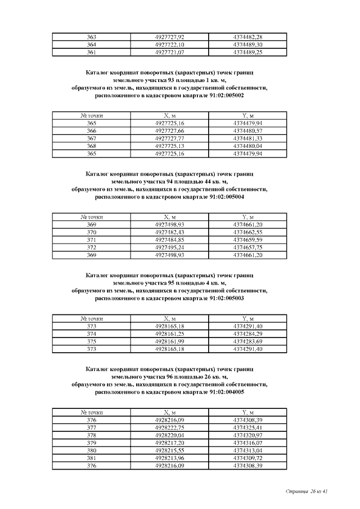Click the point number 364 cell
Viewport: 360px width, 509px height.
[x=91, y=44]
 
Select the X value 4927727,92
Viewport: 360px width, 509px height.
[x=169, y=37]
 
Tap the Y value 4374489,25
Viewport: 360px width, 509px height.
[x=247, y=52]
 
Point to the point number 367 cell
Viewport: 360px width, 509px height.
[x=91, y=138]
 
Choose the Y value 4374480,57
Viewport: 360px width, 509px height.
[x=247, y=130]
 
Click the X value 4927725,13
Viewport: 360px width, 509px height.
[x=169, y=146]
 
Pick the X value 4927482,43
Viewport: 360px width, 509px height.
[x=169, y=232]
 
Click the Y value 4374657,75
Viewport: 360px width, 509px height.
[x=247, y=247]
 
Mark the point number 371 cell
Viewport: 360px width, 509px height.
[x=91, y=240]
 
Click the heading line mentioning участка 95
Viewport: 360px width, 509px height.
[x=169, y=283]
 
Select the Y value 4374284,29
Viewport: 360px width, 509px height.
[x=247, y=334]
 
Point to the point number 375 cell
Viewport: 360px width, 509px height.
[x=91, y=341]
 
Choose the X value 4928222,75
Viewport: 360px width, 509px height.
[x=169, y=427]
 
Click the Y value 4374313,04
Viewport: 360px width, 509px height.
[x=247, y=451]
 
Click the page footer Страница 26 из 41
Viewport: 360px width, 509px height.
[x=307, y=492]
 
